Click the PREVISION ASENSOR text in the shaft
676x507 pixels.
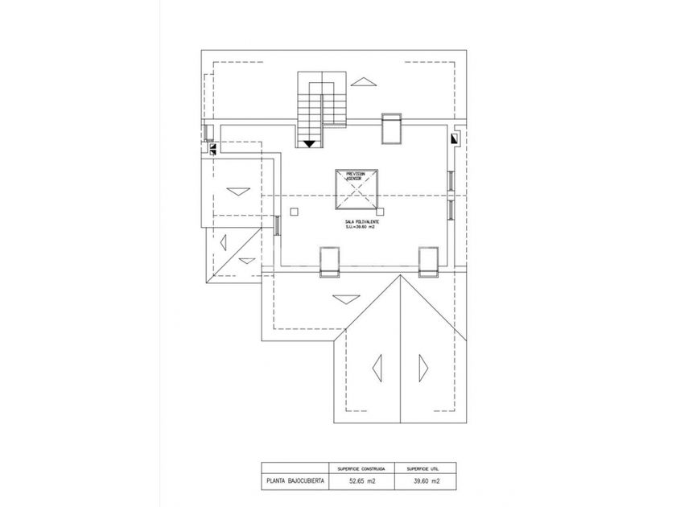(356, 176)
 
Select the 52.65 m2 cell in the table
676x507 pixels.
(361, 482)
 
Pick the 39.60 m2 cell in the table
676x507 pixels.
(423, 482)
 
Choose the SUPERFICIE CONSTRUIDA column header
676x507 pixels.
(361, 467)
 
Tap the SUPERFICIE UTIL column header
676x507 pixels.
(423, 467)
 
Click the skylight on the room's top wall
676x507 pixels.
(392, 128)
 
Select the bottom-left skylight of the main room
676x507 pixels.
(330, 262)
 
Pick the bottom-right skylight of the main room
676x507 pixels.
(428, 262)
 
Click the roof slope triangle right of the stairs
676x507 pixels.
(365, 81)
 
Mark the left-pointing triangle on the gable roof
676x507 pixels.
(377, 367)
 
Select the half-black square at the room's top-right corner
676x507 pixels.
(455, 138)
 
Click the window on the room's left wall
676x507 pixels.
(277, 225)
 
